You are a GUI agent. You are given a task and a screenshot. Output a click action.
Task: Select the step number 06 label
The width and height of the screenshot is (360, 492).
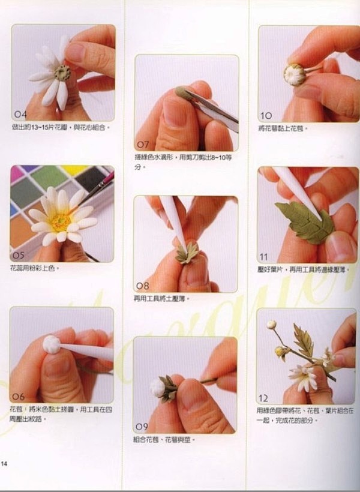pos(19,396)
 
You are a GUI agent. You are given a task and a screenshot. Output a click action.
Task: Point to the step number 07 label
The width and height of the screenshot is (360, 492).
pos(143,145)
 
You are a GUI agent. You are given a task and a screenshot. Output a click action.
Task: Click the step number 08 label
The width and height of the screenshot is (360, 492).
pos(143,286)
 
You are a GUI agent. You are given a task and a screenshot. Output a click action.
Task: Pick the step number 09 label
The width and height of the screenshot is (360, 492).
pos(142,427)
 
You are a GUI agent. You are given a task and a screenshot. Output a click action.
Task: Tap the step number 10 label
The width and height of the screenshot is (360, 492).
pos(266,115)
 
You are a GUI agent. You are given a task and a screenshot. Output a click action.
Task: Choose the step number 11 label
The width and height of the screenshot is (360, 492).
pos(264,257)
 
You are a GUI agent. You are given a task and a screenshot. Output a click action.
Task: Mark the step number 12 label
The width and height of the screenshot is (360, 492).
pos(265,398)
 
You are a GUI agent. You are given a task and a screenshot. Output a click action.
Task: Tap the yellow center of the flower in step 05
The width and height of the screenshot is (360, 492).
pos(61,222)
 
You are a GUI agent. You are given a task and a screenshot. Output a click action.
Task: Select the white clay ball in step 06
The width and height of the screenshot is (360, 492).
pos(52,344)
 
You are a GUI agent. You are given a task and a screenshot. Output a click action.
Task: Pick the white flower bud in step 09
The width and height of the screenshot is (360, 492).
pos(158,388)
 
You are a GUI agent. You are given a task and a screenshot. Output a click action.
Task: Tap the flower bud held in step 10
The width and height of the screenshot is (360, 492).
pos(295,75)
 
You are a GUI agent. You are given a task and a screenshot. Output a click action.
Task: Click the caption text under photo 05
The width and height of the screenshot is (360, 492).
pos(35,268)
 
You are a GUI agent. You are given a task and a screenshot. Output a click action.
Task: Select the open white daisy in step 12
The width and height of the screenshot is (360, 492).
pos(304,377)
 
